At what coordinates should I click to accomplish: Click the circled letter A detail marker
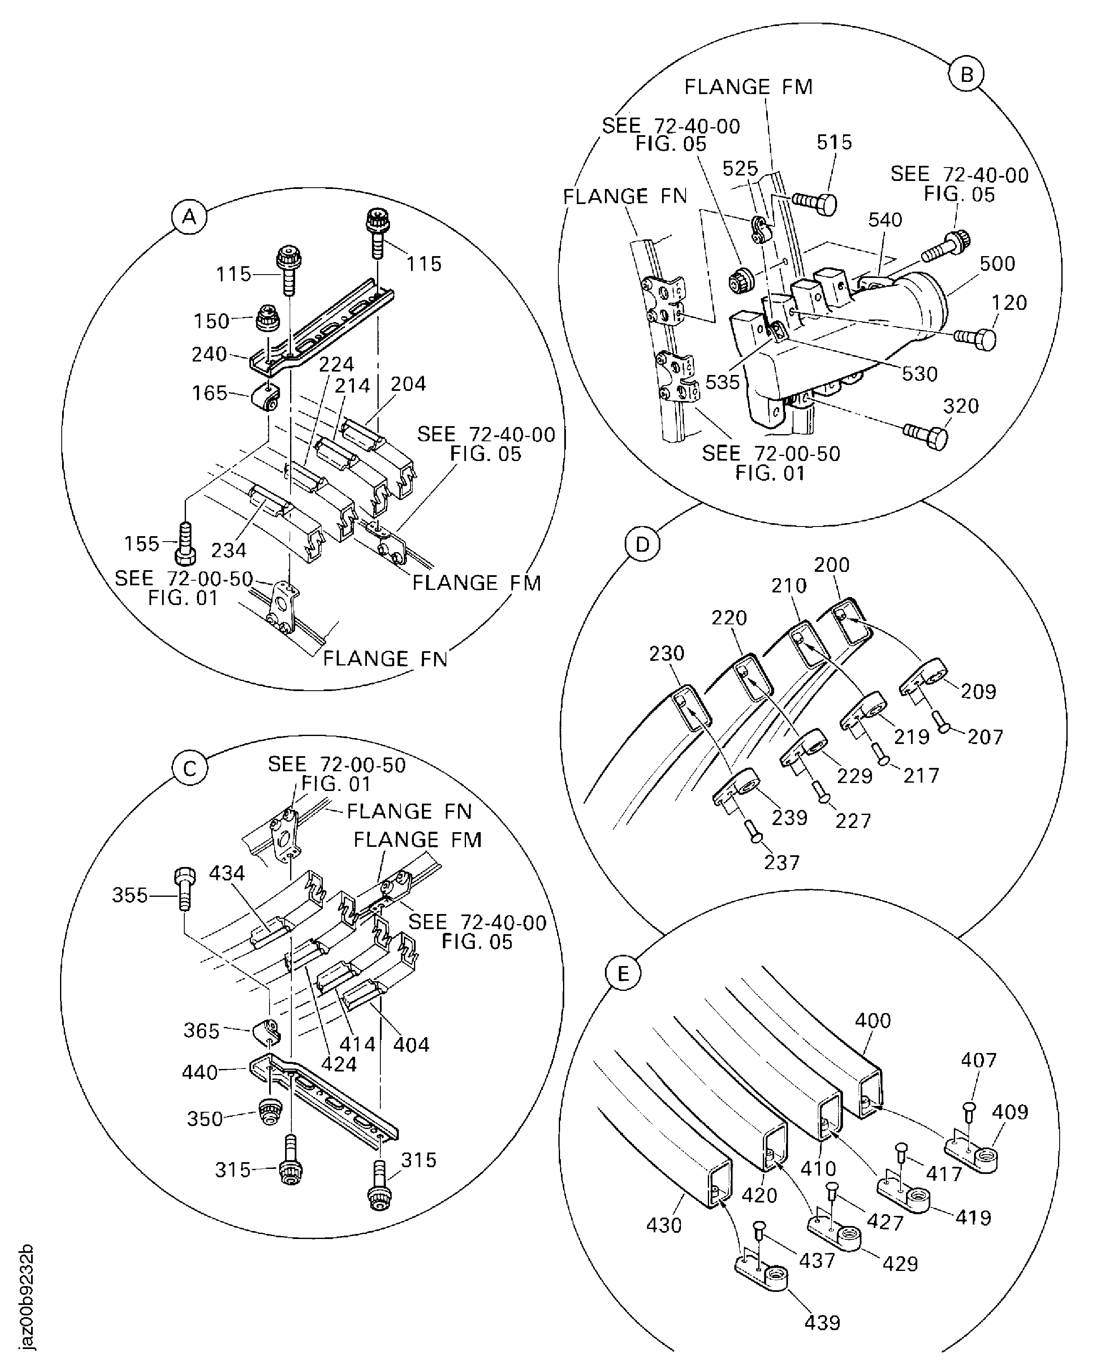(189, 217)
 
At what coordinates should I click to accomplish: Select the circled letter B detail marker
(967, 75)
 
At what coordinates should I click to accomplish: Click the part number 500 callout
(997, 263)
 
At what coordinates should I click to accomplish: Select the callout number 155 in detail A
(141, 544)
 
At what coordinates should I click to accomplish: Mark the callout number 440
(200, 1072)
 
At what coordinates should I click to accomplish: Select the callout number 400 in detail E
(873, 1020)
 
